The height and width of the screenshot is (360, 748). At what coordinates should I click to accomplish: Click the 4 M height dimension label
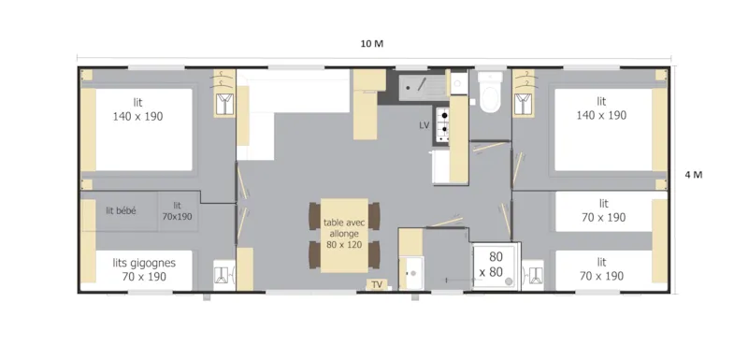(694, 176)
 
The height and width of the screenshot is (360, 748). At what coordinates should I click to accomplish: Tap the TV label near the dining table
(377, 283)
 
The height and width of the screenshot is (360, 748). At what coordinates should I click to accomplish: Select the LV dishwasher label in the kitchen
(424, 124)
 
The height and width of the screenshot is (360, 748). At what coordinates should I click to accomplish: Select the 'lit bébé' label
(121, 211)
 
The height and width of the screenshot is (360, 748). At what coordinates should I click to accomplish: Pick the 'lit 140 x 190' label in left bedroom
(137, 108)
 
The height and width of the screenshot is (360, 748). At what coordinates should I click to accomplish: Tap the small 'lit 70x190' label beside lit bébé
(176, 211)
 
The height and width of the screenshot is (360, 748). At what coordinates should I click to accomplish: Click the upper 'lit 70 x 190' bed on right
(601, 210)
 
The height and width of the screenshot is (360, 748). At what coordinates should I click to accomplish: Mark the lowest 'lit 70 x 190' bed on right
(601, 269)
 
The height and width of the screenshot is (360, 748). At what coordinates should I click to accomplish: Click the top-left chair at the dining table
(314, 215)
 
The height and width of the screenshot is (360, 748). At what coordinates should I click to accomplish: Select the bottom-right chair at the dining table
(376, 254)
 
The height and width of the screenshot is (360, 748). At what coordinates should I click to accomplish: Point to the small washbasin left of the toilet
(458, 83)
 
